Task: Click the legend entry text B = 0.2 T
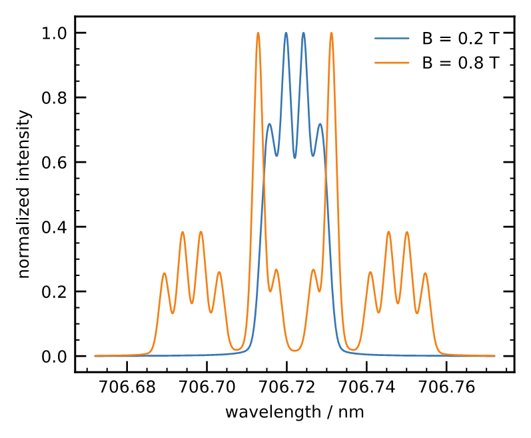(x=459, y=38)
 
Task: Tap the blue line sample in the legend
(x=391, y=38)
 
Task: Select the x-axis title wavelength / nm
(x=294, y=412)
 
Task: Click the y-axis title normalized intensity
(x=24, y=195)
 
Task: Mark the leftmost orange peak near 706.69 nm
(x=165, y=273)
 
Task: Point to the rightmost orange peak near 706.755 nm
(x=425, y=273)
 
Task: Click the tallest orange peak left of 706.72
(x=258, y=33)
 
